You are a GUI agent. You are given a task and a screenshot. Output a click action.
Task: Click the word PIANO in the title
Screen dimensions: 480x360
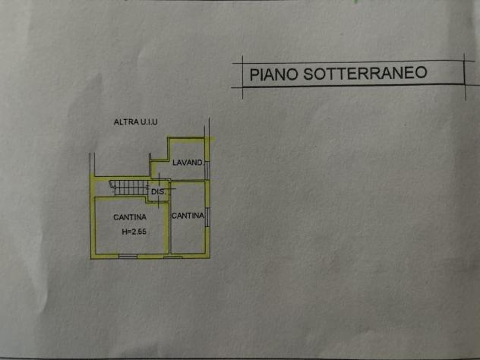pyautogui.click(x=273, y=74)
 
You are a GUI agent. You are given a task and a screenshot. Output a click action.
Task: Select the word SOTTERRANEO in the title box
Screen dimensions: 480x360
pyautogui.click(x=365, y=73)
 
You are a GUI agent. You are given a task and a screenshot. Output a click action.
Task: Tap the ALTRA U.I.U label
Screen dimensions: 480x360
pyautogui.click(x=136, y=122)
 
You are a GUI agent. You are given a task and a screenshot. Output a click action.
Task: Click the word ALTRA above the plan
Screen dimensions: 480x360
pyautogui.click(x=126, y=122)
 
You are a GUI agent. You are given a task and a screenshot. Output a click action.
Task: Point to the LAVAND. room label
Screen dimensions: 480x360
pyautogui.click(x=188, y=163)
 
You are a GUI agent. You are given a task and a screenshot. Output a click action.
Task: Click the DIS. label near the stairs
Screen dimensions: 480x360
pyautogui.click(x=159, y=192)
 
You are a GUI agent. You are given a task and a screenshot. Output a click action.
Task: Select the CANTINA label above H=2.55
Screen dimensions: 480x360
pyautogui.click(x=130, y=217)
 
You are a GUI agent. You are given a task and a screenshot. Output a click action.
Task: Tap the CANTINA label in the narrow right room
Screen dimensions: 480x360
pyautogui.click(x=188, y=216)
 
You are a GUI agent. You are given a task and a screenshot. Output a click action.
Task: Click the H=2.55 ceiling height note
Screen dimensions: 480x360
pyautogui.click(x=134, y=232)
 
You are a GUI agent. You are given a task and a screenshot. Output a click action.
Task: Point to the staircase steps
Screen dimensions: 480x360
pyautogui.click(x=131, y=188)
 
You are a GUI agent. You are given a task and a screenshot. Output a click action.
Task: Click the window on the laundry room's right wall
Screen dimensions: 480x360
pyautogui.click(x=207, y=170)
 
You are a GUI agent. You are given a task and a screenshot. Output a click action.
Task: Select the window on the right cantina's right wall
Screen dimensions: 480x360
pyautogui.click(x=207, y=217)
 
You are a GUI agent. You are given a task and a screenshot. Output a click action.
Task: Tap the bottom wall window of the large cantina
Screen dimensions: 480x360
pyautogui.click(x=128, y=256)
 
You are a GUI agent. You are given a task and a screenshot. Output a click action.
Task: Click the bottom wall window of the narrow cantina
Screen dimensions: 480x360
pyautogui.click(x=173, y=257)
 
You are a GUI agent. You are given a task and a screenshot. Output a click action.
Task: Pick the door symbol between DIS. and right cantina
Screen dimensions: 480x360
pyautogui.click(x=170, y=189)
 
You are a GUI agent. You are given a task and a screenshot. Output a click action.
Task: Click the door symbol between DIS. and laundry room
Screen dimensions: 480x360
pyautogui.click(x=159, y=179)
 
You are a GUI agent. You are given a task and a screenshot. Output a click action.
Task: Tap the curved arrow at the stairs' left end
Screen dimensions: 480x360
pyautogui.click(x=112, y=184)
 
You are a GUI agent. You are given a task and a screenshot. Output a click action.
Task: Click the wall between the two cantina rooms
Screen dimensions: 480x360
pyautogui.click(x=169, y=227)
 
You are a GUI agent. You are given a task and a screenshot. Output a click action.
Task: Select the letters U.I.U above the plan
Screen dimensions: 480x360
pyautogui.click(x=149, y=122)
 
